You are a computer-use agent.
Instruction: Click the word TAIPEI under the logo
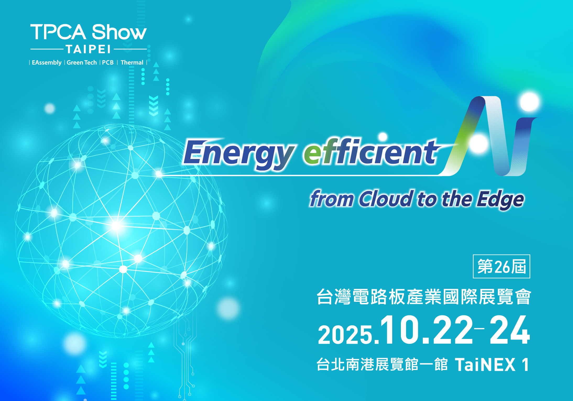(x=88, y=49)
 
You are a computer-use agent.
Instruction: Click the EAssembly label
(x=47, y=63)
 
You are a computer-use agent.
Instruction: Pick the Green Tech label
(x=82, y=63)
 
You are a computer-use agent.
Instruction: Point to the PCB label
(x=108, y=63)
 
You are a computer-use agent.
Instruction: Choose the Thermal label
(x=132, y=63)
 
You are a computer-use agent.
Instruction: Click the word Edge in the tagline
(x=500, y=200)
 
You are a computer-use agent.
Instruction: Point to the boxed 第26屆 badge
(x=501, y=266)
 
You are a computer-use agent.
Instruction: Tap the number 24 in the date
(x=509, y=330)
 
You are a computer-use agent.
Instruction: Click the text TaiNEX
(x=485, y=364)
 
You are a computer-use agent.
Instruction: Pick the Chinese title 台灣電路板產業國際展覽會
(x=424, y=297)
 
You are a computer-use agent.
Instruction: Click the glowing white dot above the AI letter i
(x=530, y=102)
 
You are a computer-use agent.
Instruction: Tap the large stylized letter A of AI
(x=479, y=136)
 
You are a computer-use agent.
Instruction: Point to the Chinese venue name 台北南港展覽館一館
(x=382, y=364)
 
